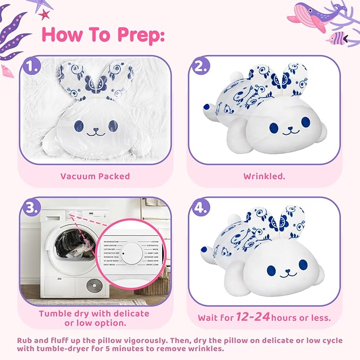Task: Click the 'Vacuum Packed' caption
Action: coord(95,176)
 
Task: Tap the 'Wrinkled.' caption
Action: coord(264,176)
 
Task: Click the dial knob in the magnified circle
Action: coord(123,254)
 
